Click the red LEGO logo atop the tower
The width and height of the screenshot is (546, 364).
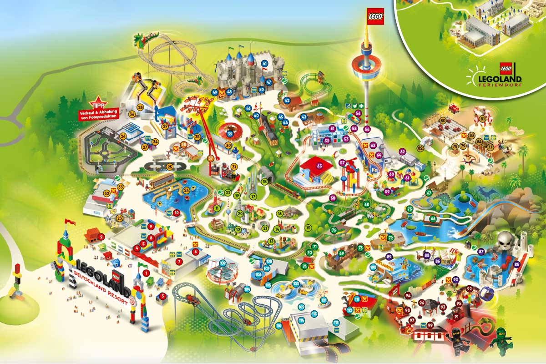coord(375,16)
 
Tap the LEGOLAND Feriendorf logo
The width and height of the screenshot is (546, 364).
coord(493,76)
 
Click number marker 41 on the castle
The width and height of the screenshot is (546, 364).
coord(264,63)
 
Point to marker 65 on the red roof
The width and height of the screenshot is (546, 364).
coord(319,166)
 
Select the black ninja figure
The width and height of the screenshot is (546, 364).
coord(455,339)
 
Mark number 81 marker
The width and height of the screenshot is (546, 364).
coord(482,119)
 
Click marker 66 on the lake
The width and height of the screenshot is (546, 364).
coord(433,219)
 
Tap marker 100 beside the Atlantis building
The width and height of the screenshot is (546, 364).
coord(373,267)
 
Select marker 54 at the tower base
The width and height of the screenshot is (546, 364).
coord(367,130)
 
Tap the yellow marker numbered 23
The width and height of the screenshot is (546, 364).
coord(120,218)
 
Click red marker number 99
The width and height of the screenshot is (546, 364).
coord(430,325)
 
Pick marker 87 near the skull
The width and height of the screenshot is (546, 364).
coord(481,252)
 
